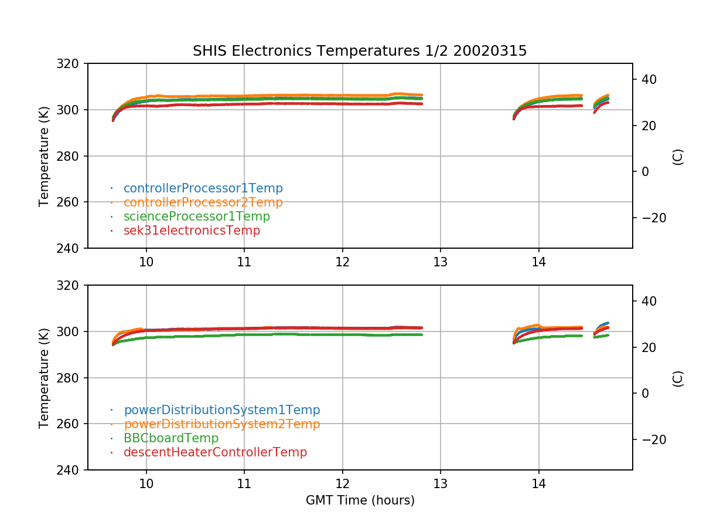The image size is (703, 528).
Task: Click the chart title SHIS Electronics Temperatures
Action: pyautogui.click(x=360, y=51)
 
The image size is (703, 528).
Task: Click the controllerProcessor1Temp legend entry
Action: pyautogui.click(x=203, y=188)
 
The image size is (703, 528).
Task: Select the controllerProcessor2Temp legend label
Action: pyautogui.click(x=203, y=202)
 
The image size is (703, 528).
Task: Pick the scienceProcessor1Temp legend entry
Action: pyautogui.click(x=196, y=216)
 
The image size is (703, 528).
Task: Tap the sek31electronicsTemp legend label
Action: pyautogui.click(x=192, y=231)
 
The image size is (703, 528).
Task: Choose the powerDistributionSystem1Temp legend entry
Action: pyautogui.click(x=221, y=410)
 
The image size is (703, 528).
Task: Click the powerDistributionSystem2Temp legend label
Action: pyautogui.click(x=221, y=424)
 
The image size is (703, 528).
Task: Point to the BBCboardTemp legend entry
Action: pyautogui.click(x=170, y=438)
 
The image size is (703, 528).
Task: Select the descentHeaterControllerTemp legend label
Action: pyautogui.click(x=215, y=452)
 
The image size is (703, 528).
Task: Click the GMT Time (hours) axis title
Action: pyautogui.click(x=360, y=500)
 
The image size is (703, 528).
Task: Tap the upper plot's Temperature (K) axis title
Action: pyautogui.click(x=44, y=155)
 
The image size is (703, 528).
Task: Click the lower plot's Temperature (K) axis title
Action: pyautogui.click(x=44, y=377)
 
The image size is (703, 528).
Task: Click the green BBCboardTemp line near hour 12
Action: pyautogui.click(x=343, y=334)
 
